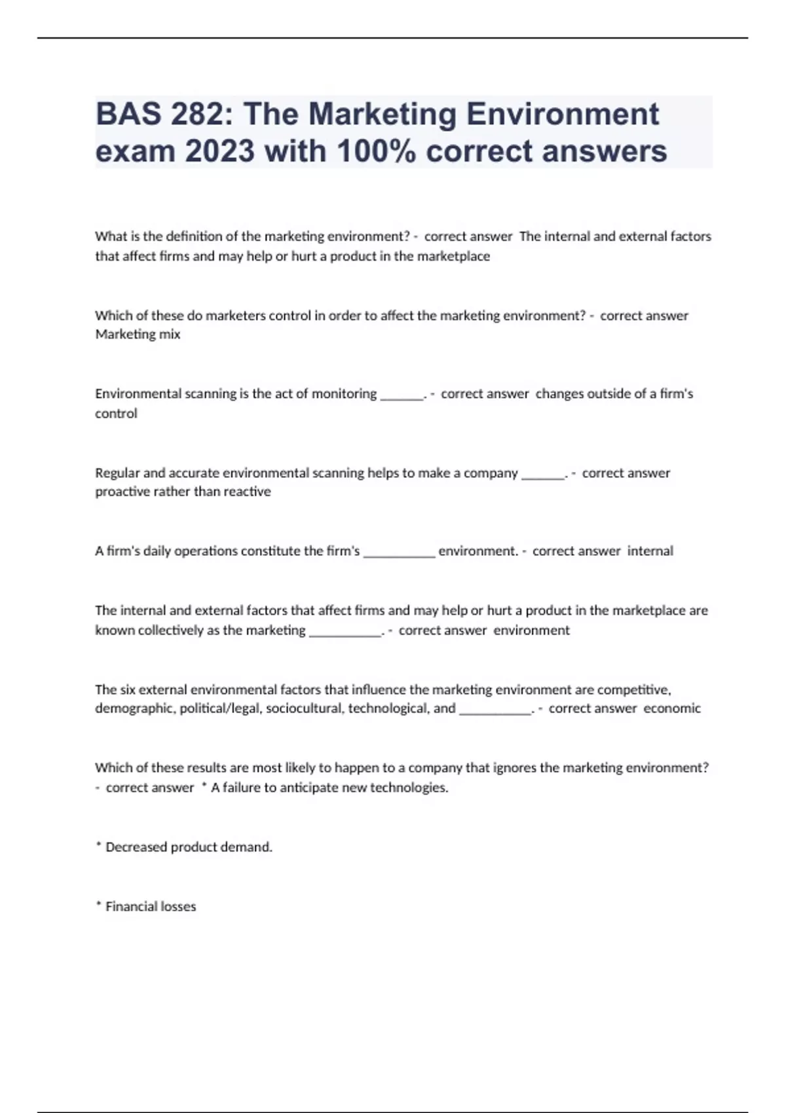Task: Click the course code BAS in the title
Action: point(128,114)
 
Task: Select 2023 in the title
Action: point(219,151)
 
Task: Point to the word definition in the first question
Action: point(189,236)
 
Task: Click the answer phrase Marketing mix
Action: point(138,335)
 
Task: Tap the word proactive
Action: point(122,492)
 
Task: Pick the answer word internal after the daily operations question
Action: point(650,551)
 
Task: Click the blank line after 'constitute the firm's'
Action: point(399,553)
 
